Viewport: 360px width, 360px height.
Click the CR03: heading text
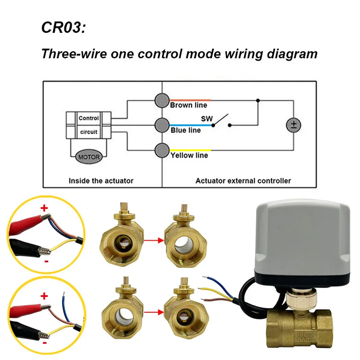coord(63,27)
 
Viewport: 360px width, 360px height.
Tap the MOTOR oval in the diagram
coord(89,157)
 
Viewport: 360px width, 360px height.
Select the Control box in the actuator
coord(89,118)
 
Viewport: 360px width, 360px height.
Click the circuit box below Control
coord(89,132)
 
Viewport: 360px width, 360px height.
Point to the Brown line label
coord(189,105)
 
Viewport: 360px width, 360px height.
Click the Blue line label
coord(185,130)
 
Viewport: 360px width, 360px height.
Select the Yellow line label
coord(189,155)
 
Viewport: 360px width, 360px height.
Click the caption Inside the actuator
coord(101,180)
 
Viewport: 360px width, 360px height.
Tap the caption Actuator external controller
coord(243,180)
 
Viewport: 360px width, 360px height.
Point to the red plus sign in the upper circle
coord(44,208)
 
